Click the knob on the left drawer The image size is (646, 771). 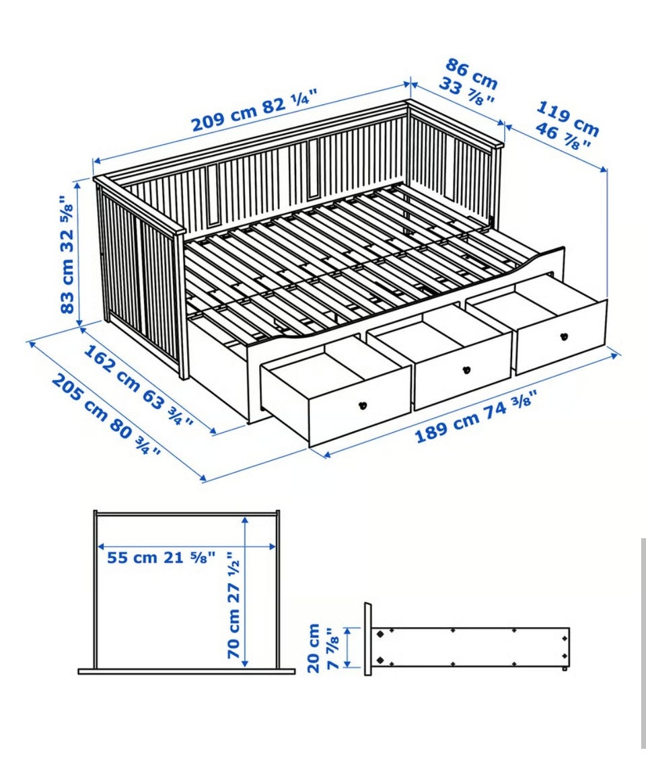(x=363, y=405)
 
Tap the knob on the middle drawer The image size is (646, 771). (x=466, y=369)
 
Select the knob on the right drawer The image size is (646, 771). (x=564, y=337)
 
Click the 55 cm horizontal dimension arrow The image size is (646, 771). (x=187, y=546)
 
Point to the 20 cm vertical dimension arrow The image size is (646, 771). (x=348, y=647)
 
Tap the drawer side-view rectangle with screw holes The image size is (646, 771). (x=470, y=647)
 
